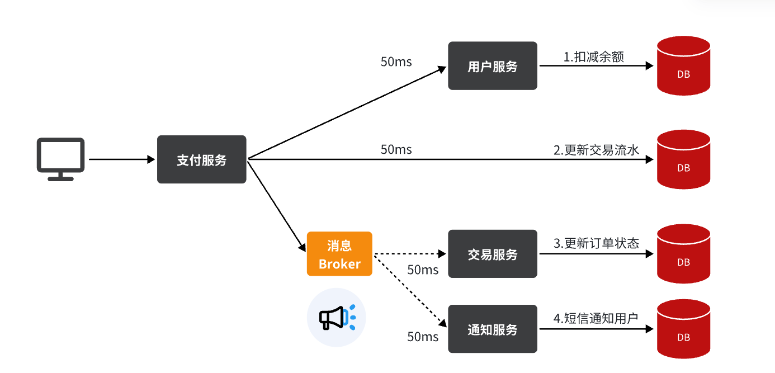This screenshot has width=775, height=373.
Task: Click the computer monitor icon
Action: point(60,159)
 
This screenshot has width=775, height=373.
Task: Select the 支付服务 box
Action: point(201,159)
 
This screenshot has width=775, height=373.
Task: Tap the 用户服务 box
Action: point(492,66)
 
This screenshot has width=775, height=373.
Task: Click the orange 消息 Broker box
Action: point(339,254)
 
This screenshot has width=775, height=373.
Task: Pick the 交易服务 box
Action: point(492,254)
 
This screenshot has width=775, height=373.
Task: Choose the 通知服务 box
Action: point(492,329)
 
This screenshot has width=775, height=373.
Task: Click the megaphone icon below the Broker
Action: point(335,318)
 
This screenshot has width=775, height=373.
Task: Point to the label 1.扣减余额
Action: point(593,56)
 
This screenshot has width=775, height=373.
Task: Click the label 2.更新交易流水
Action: point(596,150)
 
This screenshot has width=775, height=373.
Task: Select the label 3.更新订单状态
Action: point(596,243)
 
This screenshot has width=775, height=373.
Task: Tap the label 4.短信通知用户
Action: point(596,318)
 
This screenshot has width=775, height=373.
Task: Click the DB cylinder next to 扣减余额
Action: point(683,65)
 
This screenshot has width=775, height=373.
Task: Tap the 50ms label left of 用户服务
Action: point(396,62)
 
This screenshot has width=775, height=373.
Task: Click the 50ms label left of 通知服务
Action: point(423,337)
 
